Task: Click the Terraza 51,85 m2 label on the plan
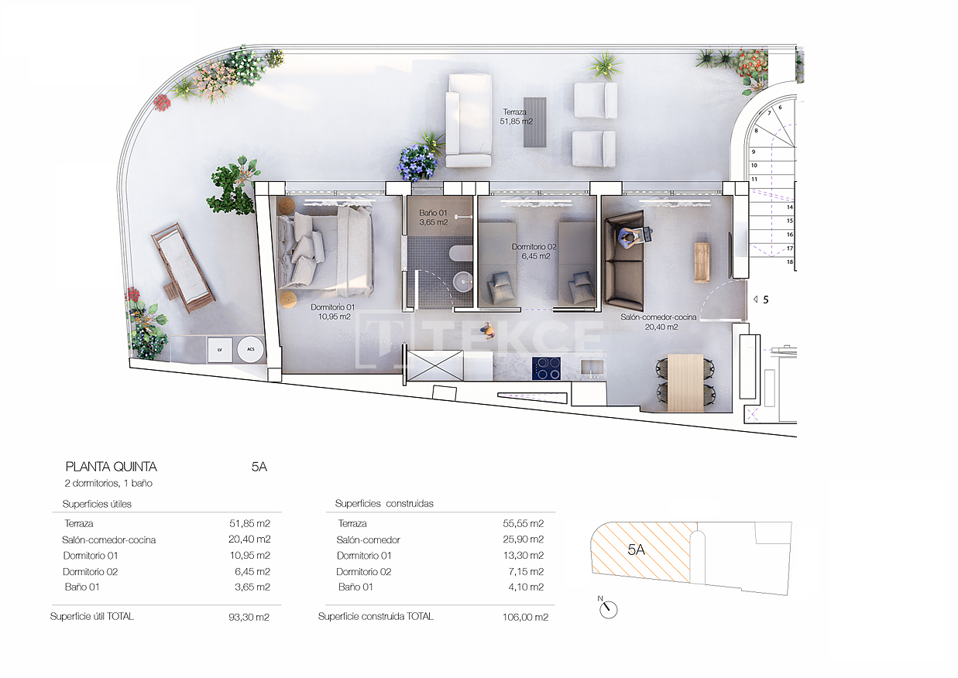tap(517, 117)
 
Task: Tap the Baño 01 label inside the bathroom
tap(433, 217)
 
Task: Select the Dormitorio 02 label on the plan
tap(534, 252)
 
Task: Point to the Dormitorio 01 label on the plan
tap(333, 312)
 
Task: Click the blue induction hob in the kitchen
tap(546, 368)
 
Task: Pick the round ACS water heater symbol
tap(251, 349)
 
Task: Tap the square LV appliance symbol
tap(220, 350)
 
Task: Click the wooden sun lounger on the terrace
tap(183, 268)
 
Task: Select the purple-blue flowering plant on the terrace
tap(417, 163)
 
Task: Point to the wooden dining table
tap(685, 382)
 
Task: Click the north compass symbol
tap(608, 608)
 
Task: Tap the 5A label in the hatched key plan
tap(636, 550)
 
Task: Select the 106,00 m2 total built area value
tap(525, 617)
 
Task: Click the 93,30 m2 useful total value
tap(249, 617)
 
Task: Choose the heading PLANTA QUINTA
tap(112, 467)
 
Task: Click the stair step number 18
tap(789, 262)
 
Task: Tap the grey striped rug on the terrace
tap(535, 122)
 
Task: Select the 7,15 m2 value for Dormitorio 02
tap(525, 571)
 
